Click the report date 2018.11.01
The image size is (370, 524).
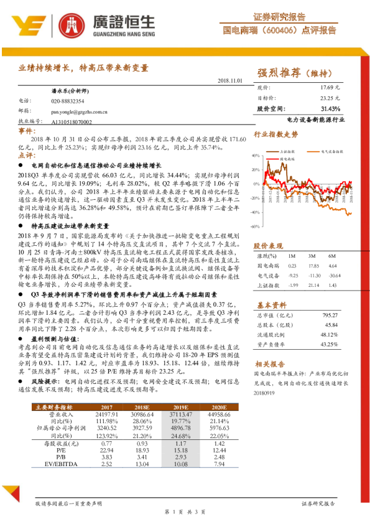[x=232, y=81]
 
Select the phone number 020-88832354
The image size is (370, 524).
[x=68, y=101]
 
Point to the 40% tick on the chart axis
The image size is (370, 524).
[x=256, y=154]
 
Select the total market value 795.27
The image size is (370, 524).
[x=330, y=315]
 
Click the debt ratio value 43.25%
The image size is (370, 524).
[x=329, y=344]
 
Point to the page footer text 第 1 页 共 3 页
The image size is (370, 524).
[x=185, y=511]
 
